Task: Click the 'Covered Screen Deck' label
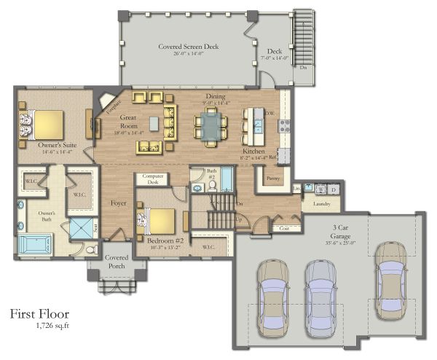coord(189,47)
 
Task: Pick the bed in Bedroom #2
coord(158,219)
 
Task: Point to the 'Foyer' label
coord(118,203)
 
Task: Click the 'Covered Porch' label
coord(117,262)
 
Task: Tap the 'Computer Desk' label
coord(152,179)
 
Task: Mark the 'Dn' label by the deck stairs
coord(302,68)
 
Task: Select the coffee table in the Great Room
coord(154,124)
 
